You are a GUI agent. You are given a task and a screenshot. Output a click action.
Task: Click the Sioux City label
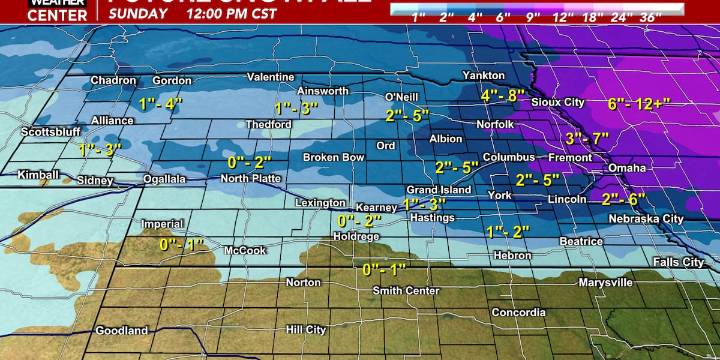pyautogui.click(x=558, y=102)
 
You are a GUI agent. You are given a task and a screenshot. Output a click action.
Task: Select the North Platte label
pyautogui.click(x=249, y=178)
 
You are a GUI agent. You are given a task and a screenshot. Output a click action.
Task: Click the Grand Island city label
pyautogui.click(x=437, y=190)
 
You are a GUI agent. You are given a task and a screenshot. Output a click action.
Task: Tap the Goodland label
pyautogui.click(x=121, y=330)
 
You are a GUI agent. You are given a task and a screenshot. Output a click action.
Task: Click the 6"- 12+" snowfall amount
pyautogui.click(x=641, y=103)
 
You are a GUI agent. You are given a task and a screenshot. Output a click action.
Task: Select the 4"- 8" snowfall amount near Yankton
pyautogui.click(x=503, y=95)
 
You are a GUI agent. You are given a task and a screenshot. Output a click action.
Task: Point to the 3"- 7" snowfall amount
pyautogui.click(x=586, y=138)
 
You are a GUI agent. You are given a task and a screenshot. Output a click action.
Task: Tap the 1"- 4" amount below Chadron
pyautogui.click(x=162, y=103)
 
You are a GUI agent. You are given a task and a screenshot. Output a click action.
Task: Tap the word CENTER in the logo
pyautogui.click(x=28, y=17)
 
